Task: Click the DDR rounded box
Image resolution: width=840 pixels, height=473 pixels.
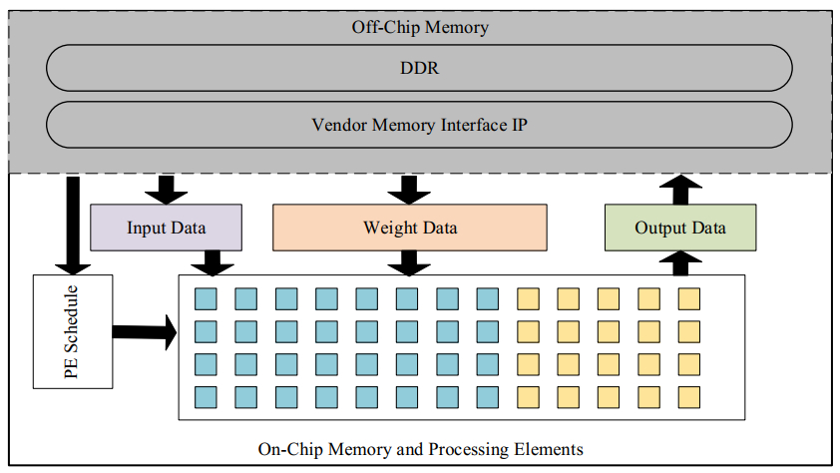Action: (419, 68)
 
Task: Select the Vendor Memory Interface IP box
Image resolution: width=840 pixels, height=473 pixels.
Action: (419, 125)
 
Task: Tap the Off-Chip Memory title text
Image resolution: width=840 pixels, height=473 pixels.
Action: (419, 27)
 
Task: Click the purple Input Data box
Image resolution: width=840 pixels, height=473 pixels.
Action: (166, 228)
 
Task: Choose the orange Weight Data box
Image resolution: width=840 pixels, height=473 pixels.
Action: (409, 228)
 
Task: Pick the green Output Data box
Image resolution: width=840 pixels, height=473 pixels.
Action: (680, 228)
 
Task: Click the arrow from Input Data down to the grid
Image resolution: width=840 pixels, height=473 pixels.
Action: (211, 261)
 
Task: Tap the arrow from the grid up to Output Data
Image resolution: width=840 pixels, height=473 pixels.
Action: (681, 261)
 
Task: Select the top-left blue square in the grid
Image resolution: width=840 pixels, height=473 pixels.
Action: (206, 298)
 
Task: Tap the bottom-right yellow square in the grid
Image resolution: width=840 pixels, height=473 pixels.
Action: (689, 396)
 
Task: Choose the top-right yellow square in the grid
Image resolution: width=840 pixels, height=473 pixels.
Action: (689, 298)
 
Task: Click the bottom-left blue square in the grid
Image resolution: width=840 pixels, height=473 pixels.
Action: (206, 396)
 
